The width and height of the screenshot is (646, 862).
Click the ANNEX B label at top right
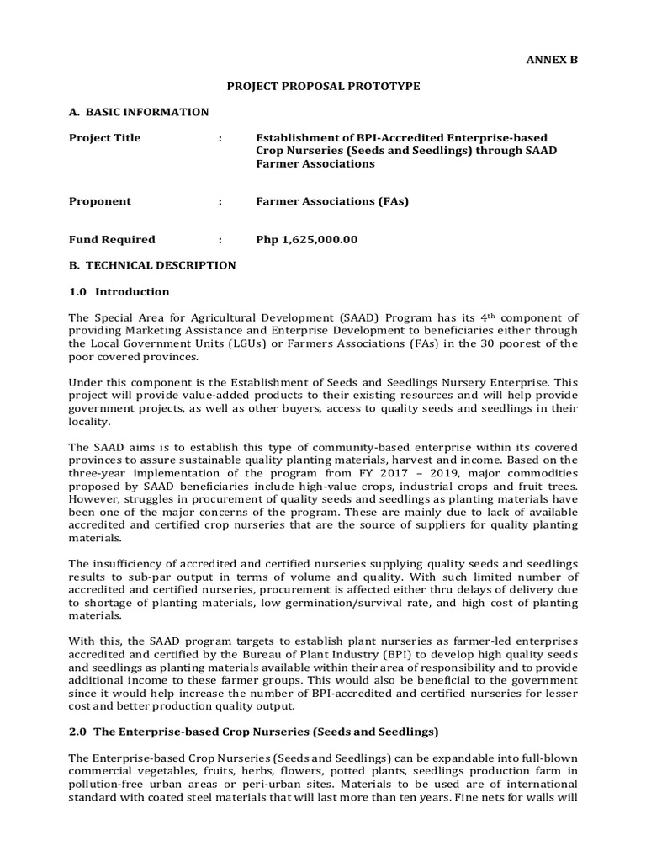[x=553, y=60]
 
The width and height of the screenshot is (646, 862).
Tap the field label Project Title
[x=105, y=138]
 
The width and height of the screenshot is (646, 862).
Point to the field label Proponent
[x=100, y=201]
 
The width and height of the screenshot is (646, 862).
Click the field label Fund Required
[x=112, y=239]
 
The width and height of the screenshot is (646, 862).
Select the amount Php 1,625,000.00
[x=307, y=239]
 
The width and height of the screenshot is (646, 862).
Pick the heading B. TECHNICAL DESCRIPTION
[x=152, y=265]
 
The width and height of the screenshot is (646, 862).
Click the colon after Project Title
[x=220, y=138]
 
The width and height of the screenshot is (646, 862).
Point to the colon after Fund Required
[x=220, y=239]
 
